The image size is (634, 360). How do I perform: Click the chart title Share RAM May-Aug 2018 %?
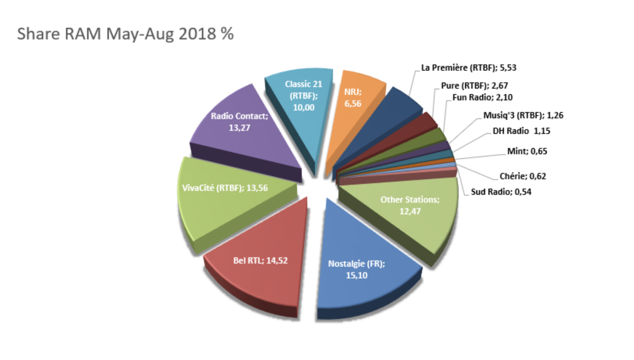tap(125, 34)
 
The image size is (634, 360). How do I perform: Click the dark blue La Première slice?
tap(394, 117)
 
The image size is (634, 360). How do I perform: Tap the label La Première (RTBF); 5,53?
tap(468, 68)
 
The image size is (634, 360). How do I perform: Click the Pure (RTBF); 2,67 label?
tap(474, 86)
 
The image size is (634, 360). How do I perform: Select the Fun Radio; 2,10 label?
tap(483, 97)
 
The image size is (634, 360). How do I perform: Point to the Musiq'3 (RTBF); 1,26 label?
tap(523, 116)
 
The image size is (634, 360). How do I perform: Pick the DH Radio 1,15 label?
tap(521, 131)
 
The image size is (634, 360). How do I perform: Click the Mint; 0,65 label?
tap(527, 151)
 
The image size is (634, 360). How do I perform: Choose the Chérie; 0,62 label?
tap(523, 176)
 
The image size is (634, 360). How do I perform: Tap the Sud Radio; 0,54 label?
tap(501, 192)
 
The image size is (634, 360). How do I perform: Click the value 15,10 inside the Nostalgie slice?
tap(356, 276)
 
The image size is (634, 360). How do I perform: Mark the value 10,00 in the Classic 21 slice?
tap(303, 108)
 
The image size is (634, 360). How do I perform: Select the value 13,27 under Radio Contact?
tap(239, 128)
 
